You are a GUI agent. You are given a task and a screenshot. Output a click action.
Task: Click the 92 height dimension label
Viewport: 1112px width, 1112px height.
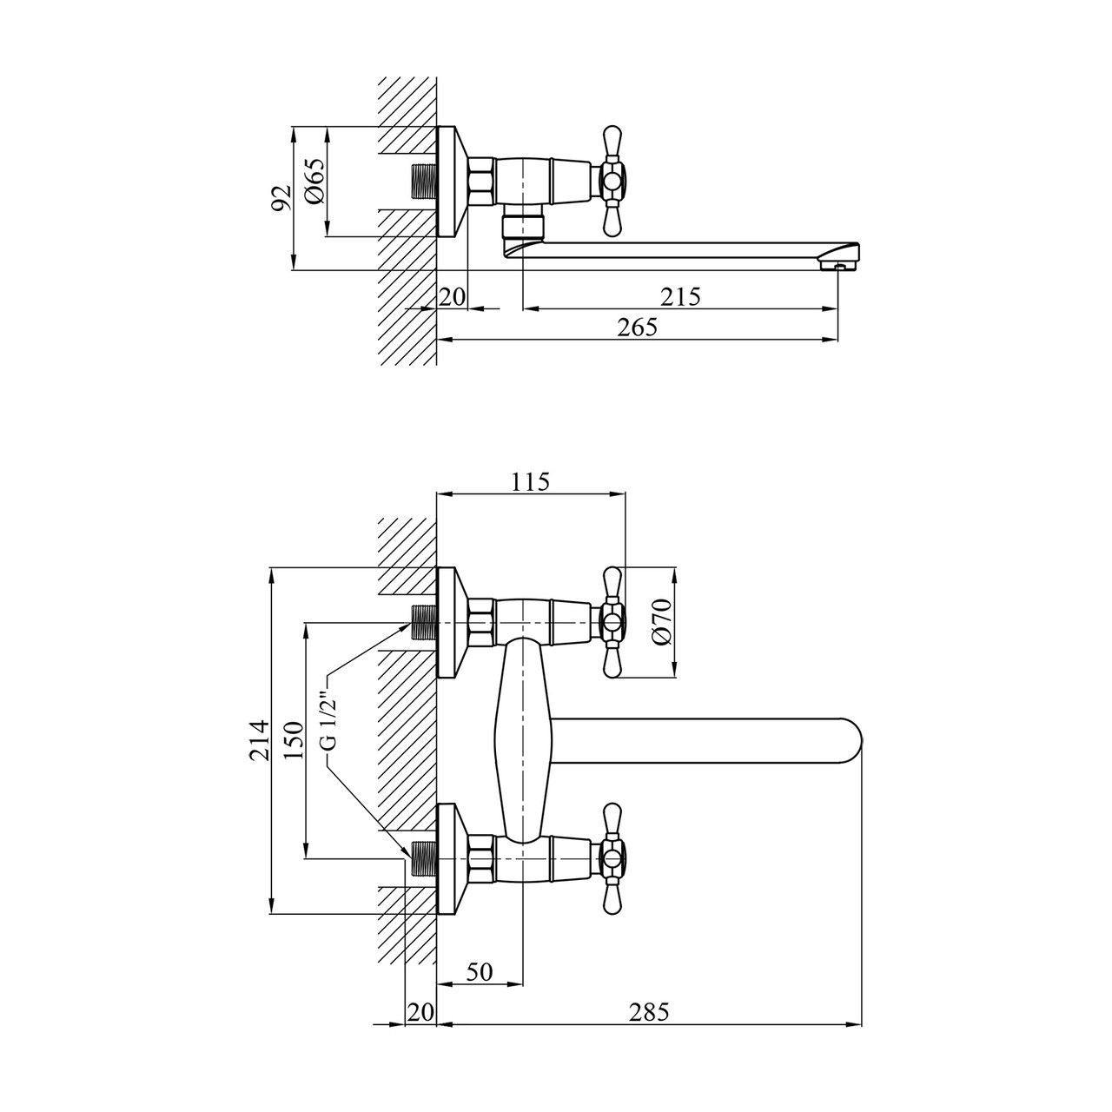tap(280, 199)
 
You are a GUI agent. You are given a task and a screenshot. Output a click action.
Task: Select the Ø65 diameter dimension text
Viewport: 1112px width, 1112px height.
tap(314, 182)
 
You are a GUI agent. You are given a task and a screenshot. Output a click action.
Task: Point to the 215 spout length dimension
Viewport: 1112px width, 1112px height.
tap(680, 296)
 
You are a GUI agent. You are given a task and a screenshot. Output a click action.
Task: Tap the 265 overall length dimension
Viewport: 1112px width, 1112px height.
tap(637, 328)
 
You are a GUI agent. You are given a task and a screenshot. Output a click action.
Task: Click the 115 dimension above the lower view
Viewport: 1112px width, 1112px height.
tap(530, 481)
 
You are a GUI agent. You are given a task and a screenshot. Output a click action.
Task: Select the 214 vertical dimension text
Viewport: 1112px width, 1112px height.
tap(259, 740)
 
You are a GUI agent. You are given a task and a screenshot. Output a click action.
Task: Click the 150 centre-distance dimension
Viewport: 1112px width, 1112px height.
tap(294, 740)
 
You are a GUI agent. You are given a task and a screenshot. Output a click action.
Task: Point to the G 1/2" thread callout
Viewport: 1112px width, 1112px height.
tap(326, 717)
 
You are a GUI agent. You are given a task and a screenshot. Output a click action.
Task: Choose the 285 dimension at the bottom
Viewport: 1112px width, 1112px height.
tap(650, 1012)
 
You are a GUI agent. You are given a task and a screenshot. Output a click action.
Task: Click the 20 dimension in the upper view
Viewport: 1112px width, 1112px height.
tap(452, 296)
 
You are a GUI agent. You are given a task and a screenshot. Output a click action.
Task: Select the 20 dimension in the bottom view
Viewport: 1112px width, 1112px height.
tap(420, 1012)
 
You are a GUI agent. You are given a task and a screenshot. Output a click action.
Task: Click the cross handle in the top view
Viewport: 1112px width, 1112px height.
tap(612, 182)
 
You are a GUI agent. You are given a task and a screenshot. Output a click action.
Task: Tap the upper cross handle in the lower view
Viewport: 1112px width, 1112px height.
tap(612, 622)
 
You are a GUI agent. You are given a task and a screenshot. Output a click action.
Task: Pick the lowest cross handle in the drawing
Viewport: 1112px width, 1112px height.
tap(612, 859)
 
